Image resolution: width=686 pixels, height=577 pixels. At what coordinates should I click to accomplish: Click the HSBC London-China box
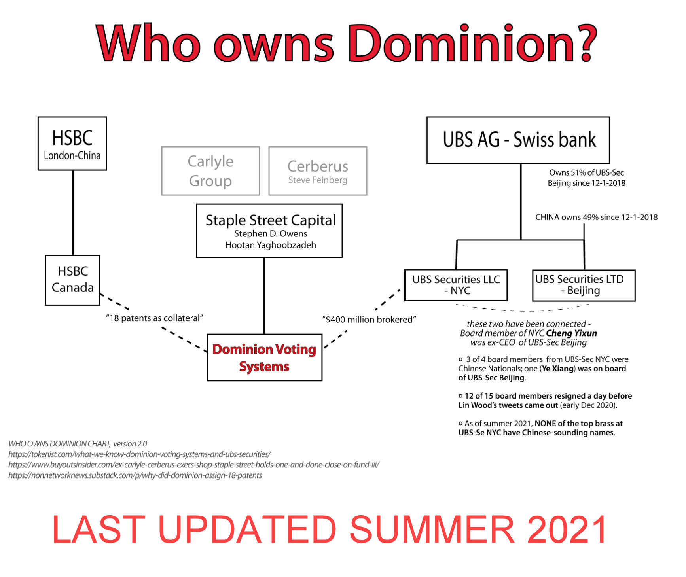tap(72, 144)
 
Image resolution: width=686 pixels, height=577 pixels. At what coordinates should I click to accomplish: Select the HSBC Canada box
tap(72, 280)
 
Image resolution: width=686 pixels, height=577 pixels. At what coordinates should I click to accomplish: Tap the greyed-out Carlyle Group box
tap(210, 171)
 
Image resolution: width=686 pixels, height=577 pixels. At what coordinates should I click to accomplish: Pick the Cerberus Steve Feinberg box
tap(318, 171)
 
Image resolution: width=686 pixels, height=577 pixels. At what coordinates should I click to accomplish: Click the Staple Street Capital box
tap(269, 231)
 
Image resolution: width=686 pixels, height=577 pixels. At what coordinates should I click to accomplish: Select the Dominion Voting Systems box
tap(265, 358)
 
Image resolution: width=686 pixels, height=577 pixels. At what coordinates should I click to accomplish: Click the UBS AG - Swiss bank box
tap(518, 140)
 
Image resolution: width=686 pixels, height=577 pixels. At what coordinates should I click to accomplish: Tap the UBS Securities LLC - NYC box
tap(456, 285)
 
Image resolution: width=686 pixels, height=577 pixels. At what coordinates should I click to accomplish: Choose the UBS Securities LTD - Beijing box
tap(584, 285)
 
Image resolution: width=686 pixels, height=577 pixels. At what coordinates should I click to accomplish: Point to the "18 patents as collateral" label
tap(154, 318)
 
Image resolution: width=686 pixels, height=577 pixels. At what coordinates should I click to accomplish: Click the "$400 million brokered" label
tap(369, 319)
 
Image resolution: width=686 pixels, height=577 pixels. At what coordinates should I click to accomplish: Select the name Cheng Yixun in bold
tap(571, 333)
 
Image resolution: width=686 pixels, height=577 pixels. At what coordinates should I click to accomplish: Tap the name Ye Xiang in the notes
tap(558, 369)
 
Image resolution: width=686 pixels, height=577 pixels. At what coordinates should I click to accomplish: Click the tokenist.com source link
tap(140, 454)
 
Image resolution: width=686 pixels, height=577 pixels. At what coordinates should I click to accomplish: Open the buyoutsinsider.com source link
tap(194, 465)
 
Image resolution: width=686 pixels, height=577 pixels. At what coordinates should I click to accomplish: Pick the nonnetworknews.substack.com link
tap(135, 475)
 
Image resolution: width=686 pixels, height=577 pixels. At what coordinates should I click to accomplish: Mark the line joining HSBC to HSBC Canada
tap(73, 213)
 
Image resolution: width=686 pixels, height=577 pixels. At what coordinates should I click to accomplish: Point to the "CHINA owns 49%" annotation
tap(597, 217)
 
